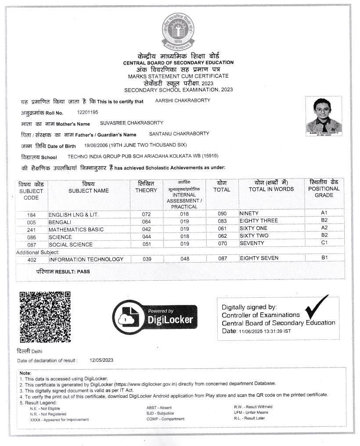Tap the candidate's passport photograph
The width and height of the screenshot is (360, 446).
(x=324, y=115)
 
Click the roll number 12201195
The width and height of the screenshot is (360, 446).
(x=87, y=113)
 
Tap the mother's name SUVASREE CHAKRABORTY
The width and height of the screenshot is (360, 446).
(x=132, y=123)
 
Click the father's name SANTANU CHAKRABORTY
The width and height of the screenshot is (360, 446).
(x=179, y=134)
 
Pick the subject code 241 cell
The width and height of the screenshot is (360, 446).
(x=31, y=229)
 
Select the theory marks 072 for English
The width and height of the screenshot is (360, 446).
(x=146, y=214)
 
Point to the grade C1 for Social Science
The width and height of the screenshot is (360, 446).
(x=324, y=243)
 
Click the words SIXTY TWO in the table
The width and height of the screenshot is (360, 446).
(x=253, y=235)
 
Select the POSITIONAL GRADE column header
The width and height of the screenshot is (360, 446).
(x=324, y=189)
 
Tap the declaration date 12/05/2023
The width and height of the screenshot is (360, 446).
(x=101, y=360)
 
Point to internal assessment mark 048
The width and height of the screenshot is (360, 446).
(x=185, y=259)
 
